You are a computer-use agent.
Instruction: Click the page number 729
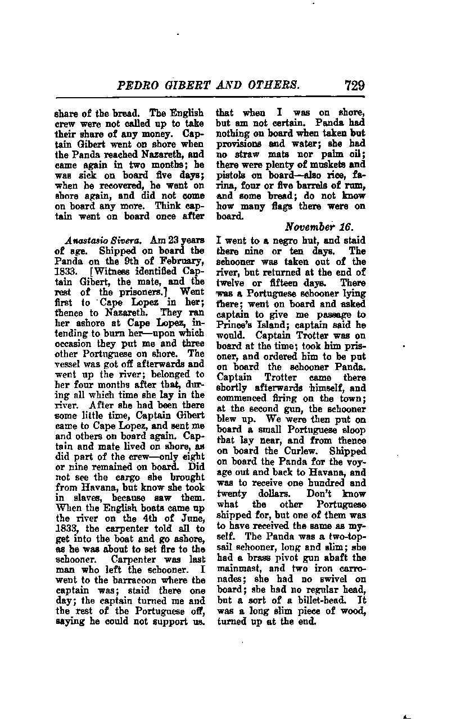point(351,86)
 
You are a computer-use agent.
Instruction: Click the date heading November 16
point(318,227)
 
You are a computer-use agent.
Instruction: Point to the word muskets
point(333,165)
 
